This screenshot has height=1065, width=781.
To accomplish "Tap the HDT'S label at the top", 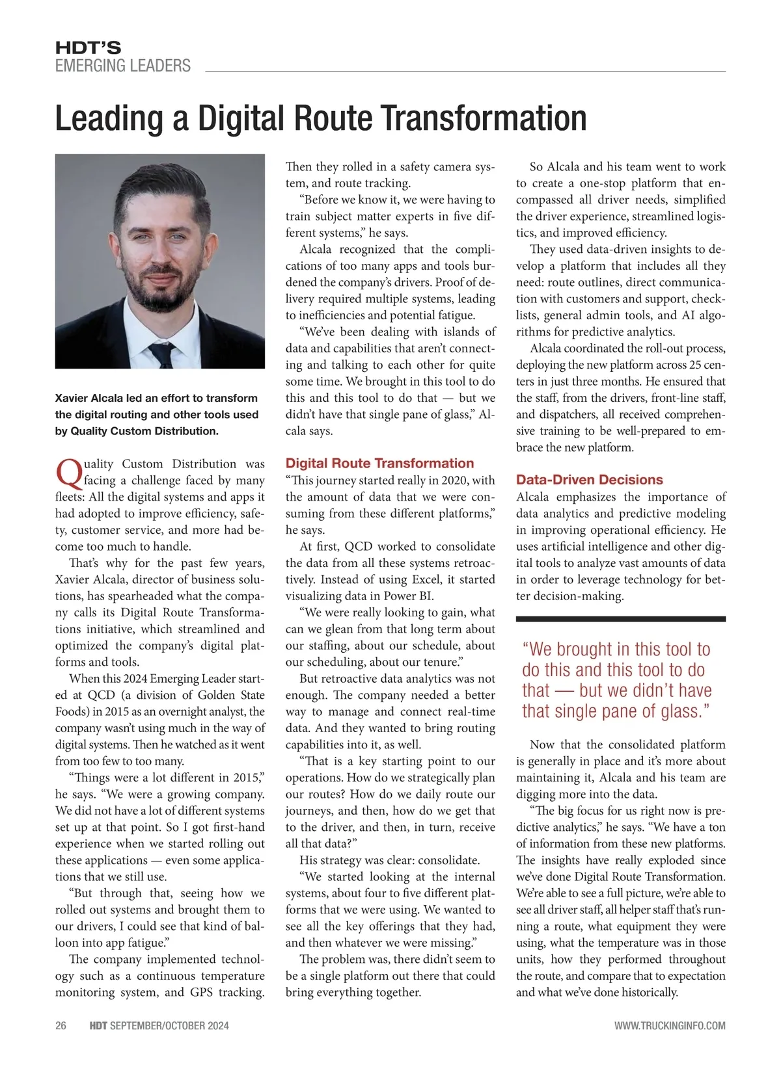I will [88, 47].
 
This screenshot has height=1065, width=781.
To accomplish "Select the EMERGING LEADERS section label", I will [122, 66].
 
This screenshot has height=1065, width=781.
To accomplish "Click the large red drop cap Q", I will [68, 473].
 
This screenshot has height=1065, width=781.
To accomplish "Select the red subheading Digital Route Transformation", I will [379, 464].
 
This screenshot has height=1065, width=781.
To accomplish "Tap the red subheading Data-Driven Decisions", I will [589, 480].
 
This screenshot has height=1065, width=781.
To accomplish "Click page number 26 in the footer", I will [61, 1025].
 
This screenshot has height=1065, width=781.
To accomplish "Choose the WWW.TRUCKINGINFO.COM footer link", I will [670, 1025].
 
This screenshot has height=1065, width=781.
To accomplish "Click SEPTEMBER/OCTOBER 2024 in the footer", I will [169, 1025].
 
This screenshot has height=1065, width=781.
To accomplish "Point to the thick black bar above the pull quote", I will [620, 619].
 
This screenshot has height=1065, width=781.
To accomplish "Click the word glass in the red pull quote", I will [680, 711].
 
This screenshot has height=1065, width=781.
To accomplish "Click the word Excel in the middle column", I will [427, 579].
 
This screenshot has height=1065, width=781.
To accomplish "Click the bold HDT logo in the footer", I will [98, 1025].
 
